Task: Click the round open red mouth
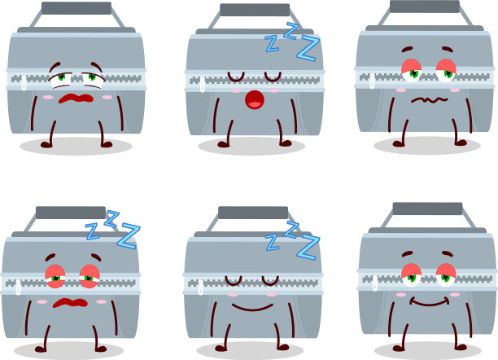[x=255, y=100]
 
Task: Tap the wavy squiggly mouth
[x=430, y=100]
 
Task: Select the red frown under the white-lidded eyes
[x=76, y=99]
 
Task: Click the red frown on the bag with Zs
[x=70, y=303]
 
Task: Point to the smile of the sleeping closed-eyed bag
[x=252, y=308]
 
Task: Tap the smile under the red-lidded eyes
[x=430, y=301]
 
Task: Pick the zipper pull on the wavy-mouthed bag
[x=372, y=81]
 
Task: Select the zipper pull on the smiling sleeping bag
[x=200, y=288]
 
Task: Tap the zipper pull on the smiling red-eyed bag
[x=375, y=283]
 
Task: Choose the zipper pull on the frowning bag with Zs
[x=18, y=287]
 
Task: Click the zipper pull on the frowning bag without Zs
[x=24, y=82]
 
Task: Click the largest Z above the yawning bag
[x=308, y=48]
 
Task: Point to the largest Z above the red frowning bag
[x=129, y=236]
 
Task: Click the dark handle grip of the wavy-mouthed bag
[x=425, y=7]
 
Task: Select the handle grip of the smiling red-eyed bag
[x=427, y=209]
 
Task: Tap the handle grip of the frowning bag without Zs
[x=76, y=8]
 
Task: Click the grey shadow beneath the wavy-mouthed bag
[x=427, y=146]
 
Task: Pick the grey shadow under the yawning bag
[x=251, y=147]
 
